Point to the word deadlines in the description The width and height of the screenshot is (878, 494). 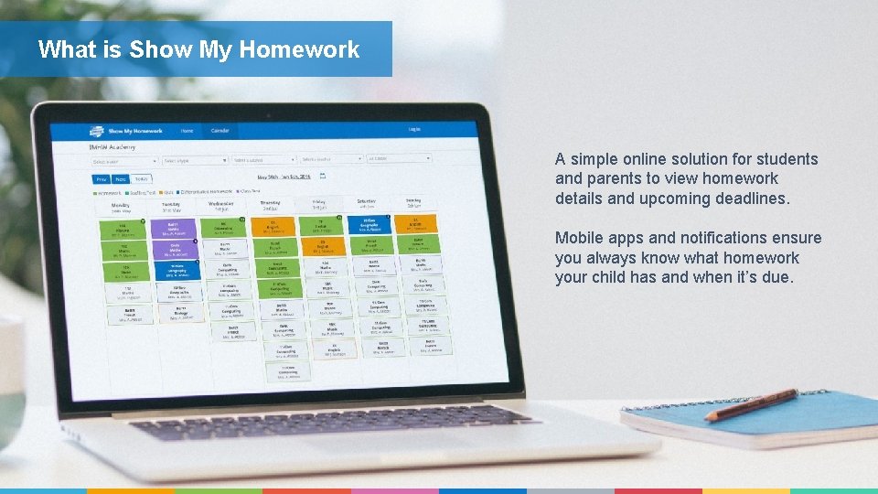point(745,199)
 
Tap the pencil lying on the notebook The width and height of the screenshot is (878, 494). point(750,404)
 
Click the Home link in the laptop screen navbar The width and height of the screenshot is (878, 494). point(187,131)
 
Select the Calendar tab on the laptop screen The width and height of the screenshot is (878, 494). point(220,131)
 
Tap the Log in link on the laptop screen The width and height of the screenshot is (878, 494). point(414,130)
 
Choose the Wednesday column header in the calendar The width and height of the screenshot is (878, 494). point(220,205)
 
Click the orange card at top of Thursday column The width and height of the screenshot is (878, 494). point(271,226)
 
